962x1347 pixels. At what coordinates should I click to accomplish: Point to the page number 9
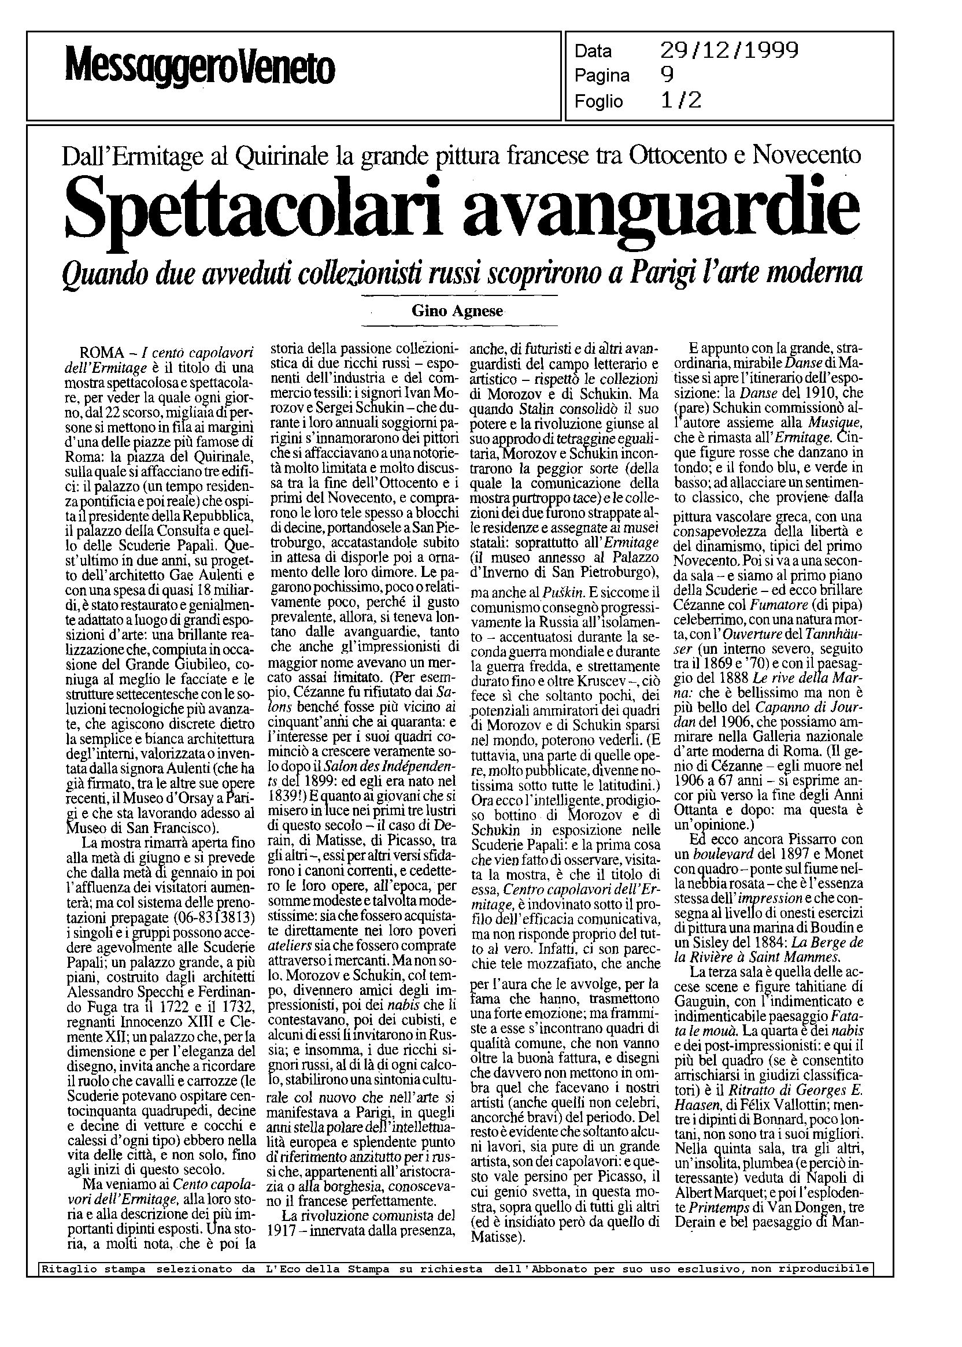[667, 76]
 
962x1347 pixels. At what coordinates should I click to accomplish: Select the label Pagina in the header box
[602, 76]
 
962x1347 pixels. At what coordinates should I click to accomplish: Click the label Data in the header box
[593, 51]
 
